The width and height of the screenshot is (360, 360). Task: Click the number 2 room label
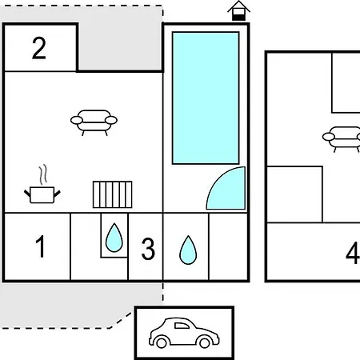(39, 48)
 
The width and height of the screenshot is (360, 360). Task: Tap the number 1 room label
(40, 246)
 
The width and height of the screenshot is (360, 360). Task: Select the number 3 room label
(148, 249)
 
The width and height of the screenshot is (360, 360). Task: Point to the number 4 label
(353, 253)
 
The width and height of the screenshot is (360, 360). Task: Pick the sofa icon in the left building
(94, 122)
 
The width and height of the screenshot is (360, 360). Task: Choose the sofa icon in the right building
(342, 139)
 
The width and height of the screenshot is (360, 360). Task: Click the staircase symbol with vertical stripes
(112, 194)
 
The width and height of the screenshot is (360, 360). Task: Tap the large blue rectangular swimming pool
(206, 98)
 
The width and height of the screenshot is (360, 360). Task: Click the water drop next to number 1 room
(114, 238)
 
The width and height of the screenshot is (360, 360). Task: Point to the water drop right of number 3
(188, 250)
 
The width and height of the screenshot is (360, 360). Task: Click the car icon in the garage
(184, 333)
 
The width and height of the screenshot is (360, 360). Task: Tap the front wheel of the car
(205, 343)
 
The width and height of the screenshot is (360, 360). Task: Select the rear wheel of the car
(162, 343)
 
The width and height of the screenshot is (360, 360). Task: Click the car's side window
(182, 326)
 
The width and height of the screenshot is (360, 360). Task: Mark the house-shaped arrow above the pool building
(238, 10)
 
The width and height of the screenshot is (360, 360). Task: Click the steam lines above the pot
(43, 174)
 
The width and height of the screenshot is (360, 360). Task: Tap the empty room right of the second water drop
(228, 246)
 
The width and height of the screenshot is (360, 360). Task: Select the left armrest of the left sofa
(77, 120)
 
